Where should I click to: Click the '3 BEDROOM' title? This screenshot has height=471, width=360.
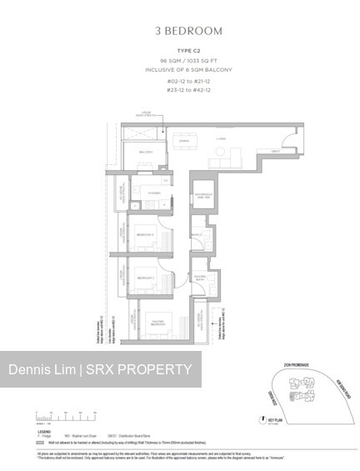[188, 31]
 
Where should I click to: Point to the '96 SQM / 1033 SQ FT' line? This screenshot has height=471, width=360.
[188, 63]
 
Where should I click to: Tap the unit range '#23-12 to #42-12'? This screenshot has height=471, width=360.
[188, 90]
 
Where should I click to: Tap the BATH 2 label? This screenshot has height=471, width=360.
[197, 236]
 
